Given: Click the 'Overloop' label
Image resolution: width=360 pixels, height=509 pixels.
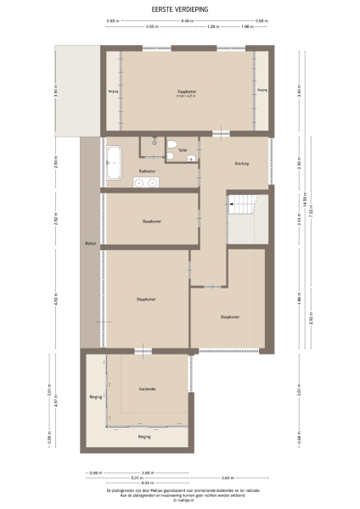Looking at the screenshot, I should pos(242,163).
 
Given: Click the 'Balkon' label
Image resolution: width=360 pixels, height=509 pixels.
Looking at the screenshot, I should pos(90,244).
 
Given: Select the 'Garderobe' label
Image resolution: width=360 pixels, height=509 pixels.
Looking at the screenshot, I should pos(148,389).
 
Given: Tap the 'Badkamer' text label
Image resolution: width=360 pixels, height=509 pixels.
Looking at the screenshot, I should pos(146,171).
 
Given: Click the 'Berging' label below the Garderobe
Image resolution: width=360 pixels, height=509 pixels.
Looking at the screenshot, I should pos(143,436).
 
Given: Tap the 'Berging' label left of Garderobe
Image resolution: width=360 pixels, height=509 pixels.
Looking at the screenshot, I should pos(95,397).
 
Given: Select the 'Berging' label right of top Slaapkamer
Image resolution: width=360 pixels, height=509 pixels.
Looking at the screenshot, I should pos(262,89).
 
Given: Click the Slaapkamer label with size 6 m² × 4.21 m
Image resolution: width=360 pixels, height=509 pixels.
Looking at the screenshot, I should pos(187,92).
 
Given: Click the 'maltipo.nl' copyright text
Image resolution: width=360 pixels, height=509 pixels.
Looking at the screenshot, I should pos(179,501).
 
